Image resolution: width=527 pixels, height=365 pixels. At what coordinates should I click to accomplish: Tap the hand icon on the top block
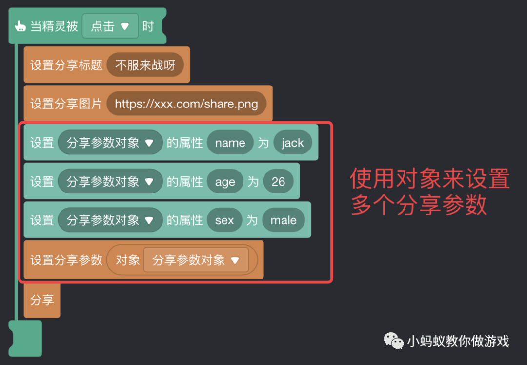pyautogui.click(x=20, y=26)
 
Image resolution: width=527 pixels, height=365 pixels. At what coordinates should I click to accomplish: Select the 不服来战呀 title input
pyautogui.click(x=145, y=65)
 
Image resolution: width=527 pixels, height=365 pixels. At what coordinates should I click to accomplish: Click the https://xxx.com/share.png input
pyautogui.click(x=186, y=104)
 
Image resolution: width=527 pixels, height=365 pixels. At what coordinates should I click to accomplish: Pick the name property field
pyautogui.click(x=230, y=143)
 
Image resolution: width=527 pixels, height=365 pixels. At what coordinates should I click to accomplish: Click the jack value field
pyautogui.click(x=293, y=143)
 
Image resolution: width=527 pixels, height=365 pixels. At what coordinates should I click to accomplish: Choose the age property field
pyautogui.click(x=225, y=182)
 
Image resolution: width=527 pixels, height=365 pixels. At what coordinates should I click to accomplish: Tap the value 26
pyautogui.click(x=278, y=182)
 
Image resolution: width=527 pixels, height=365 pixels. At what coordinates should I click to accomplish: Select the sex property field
pyautogui.click(x=224, y=220)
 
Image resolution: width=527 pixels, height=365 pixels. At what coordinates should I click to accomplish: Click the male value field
pyautogui.click(x=284, y=220)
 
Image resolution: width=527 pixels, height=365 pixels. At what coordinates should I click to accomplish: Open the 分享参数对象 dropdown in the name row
pyautogui.click(x=110, y=143)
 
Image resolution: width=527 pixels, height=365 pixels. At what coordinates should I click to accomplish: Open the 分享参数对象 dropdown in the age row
pyautogui.click(x=110, y=182)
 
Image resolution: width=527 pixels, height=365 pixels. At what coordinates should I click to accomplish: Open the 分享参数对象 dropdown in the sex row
pyautogui.click(x=110, y=220)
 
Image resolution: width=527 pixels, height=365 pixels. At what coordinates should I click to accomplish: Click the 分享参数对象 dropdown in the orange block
pyautogui.click(x=196, y=260)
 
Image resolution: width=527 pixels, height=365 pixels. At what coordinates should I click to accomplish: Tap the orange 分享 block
pyautogui.click(x=42, y=300)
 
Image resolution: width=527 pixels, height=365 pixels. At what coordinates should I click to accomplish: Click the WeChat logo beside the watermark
pyautogui.click(x=393, y=340)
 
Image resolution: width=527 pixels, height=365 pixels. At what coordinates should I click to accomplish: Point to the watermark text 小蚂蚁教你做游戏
pyautogui.click(x=458, y=341)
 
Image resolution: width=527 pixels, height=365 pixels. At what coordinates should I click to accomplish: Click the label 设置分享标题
pyautogui.click(x=66, y=65)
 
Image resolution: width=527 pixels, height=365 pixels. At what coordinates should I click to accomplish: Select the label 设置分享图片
pyautogui.click(x=66, y=104)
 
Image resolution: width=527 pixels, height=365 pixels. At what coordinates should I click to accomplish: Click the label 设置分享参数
pyautogui.click(x=66, y=260)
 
